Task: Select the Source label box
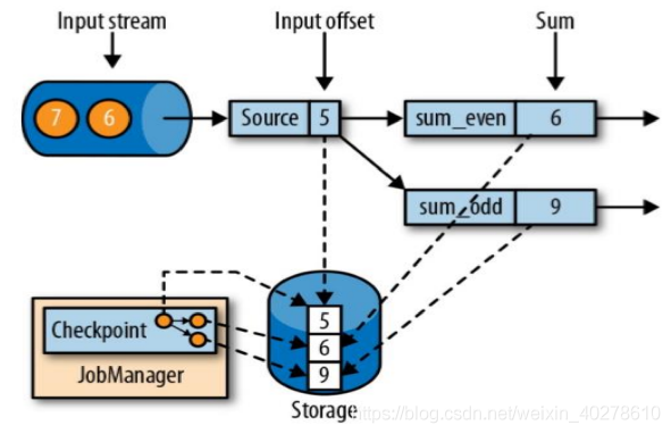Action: click(x=269, y=118)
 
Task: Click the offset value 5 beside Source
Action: click(x=324, y=118)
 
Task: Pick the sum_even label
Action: click(x=460, y=118)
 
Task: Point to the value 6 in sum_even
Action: click(x=556, y=118)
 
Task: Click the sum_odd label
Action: click(x=460, y=207)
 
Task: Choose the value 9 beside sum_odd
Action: click(x=556, y=207)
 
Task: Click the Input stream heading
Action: click(x=112, y=21)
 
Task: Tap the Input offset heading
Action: click(x=324, y=21)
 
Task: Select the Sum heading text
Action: click(x=555, y=21)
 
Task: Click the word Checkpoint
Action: click(x=99, y=330)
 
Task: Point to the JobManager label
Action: click(x=131, y=375)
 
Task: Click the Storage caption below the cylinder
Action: click(x=323, y=410)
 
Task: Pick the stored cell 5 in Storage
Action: click(x=324, y=321)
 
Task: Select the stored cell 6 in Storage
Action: click(x=324, y=348)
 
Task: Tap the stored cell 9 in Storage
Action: click(x=324, y=375)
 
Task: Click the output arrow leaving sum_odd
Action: click(x=627, y=207)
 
